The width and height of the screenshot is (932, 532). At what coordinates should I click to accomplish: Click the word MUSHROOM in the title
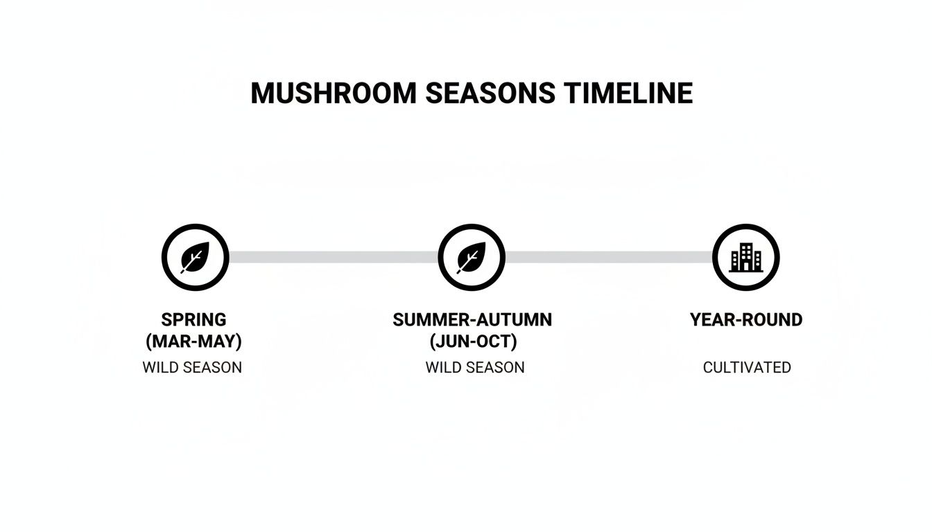[x=333, y=94]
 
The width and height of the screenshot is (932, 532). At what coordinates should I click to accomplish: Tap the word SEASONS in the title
[x=490, y=94]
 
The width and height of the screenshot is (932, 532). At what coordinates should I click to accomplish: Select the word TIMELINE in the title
[x=628, y=94]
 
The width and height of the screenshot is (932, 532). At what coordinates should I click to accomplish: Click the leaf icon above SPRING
[x=195, y=258]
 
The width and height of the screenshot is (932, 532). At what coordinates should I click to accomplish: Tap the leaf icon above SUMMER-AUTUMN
[x=472, y=258]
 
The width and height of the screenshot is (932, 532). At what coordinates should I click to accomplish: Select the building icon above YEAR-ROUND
[x=746, y=258]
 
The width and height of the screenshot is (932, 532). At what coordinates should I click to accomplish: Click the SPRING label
[x=193, y=319]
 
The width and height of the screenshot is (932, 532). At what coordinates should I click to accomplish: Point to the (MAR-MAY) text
[x=193, y=342]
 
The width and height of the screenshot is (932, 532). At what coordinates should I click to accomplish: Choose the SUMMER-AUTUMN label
[x=472, y=319]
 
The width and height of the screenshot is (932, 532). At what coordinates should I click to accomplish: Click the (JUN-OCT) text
[x=473, y=342]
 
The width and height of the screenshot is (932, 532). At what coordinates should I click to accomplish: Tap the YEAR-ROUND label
[x=746, y=319]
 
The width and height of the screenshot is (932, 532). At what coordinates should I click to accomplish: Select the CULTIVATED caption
[x=747, y=367]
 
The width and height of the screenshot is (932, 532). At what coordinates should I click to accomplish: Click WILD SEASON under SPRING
[x=192, y=367]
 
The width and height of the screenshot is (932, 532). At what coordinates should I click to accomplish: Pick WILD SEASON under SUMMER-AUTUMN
[x=475, y=367]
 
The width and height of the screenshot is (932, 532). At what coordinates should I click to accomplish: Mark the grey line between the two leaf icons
[x=333, y=257]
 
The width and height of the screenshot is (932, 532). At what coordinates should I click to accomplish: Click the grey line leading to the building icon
[x=609, y=257]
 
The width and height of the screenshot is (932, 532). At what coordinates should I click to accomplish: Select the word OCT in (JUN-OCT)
[x=494, y=342]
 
